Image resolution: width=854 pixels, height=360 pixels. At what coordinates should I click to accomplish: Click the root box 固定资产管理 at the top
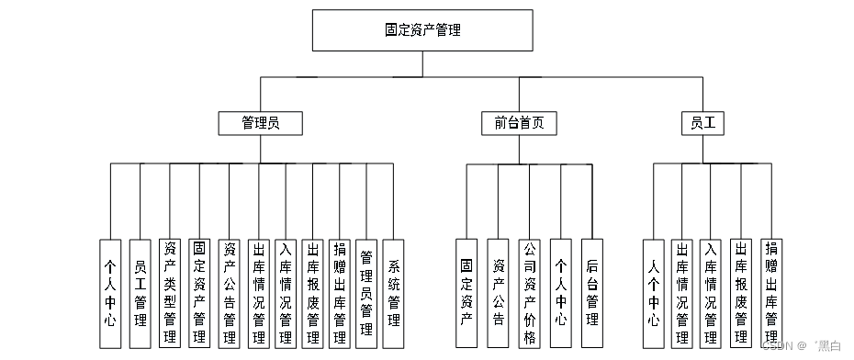pos(422,30)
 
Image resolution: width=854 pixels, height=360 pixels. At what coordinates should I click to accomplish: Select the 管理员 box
pos(260,122)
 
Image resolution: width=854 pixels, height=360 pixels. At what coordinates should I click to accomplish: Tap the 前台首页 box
pos(519,122)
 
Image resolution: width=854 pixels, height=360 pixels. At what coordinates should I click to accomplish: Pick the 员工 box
pos(703,122)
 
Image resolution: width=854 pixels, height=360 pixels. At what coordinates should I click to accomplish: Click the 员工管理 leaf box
pos(140,293)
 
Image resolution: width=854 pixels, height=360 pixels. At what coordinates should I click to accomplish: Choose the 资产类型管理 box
pos(169,293)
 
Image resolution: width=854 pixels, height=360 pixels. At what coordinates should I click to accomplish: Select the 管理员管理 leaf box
pos(365,293)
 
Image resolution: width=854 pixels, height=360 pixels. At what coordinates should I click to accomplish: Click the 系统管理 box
pos(393,293)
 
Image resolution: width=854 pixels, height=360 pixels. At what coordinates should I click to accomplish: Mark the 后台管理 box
pos(591,293)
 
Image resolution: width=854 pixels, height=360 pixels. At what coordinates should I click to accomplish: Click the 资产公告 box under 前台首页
pos(498,293)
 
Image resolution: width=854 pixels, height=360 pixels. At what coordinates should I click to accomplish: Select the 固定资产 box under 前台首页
pos(466,293)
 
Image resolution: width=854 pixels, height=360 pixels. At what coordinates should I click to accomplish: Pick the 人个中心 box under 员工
pos(653,293)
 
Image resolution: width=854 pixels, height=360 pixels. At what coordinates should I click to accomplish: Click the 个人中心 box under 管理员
pos(110,293)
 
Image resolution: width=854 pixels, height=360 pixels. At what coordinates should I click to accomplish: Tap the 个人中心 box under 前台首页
pos(560,293)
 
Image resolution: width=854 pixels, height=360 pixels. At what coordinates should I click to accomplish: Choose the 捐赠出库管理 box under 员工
pos(770,293)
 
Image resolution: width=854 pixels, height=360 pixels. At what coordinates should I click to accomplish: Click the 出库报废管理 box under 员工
pos(741,293)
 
